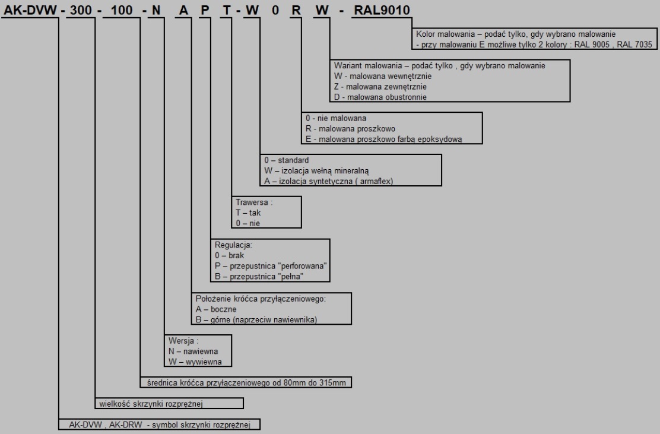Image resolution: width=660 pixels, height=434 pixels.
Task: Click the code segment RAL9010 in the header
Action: (x=382, y=9)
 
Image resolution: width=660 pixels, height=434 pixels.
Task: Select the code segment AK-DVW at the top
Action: (x=30, y=9)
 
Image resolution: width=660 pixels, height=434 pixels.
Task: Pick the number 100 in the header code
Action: (x=122, y=9)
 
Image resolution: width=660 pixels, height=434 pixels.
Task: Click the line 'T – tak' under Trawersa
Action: (x=248, y=213)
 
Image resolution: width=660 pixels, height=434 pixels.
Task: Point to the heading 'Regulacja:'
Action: (x=233, y=245)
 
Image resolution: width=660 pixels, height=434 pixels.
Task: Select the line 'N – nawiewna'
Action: (x=193, y=351)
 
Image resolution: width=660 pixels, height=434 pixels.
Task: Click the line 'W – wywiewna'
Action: (x=195, y=362)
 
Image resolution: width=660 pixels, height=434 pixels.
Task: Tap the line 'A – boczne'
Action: (x=216, y=309)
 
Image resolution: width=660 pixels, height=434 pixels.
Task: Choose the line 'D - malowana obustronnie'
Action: (x=380, y=97)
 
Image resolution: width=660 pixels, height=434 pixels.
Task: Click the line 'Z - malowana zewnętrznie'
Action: (x=380, y=86)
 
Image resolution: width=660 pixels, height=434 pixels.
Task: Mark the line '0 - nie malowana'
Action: (x=336, y=118)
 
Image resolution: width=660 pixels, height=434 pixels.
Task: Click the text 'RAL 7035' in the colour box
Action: (x=634, y=44)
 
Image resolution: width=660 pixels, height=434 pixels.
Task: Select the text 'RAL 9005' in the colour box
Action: (x=591, y=44)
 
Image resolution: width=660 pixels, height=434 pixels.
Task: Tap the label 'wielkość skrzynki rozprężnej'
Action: (x=151, y=404)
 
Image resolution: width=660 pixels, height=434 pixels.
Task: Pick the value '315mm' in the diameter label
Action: (x=334, y=382)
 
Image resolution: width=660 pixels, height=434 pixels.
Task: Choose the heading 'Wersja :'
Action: (x=183, y=341)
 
